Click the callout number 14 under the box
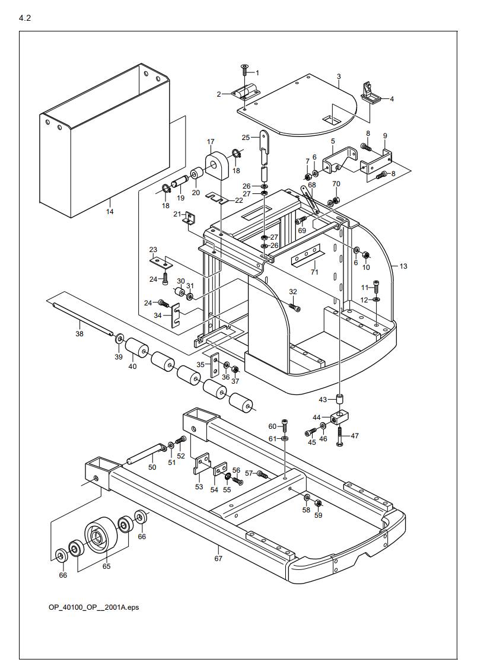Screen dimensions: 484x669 [110, 211]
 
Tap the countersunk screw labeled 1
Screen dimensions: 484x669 [244, 70]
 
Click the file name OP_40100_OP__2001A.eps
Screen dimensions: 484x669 [94, 607]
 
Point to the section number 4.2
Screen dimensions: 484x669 [25, 18]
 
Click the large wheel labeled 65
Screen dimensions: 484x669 [99, 536]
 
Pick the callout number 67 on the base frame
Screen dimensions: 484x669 [218, 559]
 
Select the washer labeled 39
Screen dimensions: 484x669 [120, 340]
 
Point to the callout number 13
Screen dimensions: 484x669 [403, 266]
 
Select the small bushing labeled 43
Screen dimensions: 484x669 [340, 400]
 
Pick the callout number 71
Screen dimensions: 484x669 [314, 272]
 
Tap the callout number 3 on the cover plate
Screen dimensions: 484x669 [339, 77]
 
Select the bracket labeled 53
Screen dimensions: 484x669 [202, 464]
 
